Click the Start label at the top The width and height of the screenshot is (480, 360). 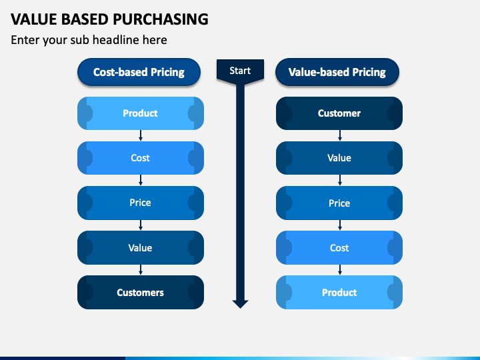(240, 71)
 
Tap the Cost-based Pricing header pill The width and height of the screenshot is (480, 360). (139, 72)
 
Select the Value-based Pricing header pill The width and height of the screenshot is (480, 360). (337, 72)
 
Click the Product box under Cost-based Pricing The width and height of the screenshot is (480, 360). (141, 113)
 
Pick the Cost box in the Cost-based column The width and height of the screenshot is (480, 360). (141, 158)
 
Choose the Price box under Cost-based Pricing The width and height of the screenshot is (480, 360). (141, 203)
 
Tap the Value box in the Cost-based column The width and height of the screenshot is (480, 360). (141, 247)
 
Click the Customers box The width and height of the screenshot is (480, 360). (141, 293)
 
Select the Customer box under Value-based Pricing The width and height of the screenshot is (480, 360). (339, 113)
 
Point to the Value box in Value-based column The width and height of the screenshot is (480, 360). (339, 158)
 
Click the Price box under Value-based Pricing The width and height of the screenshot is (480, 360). (339, 203)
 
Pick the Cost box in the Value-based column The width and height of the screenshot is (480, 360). (339, 247)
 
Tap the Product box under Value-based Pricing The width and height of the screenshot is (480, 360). (339, 293)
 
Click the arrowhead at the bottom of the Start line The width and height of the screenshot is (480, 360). (240, 304)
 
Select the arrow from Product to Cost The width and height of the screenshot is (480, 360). (141, 135)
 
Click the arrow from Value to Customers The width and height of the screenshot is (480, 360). (141, 270)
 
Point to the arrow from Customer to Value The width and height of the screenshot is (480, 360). (340, 135)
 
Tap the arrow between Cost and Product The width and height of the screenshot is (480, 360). (340, 270)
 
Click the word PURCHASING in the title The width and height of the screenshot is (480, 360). (161, 19)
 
